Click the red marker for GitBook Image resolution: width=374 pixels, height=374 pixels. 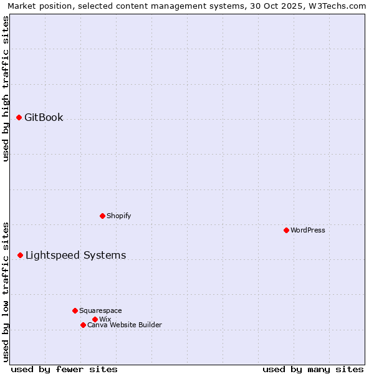click(x=19, y=117)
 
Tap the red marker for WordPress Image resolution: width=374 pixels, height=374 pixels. click(x=286, y=230)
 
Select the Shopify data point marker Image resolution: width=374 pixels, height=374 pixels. click(x=102, y=216)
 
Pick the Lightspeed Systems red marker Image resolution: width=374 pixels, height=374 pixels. click(x=20, y=255)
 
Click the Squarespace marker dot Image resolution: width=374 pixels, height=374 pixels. click(x=75, y=310)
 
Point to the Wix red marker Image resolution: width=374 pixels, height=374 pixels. click(x=95, y=319)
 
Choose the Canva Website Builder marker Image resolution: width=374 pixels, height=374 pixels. click(x=83, y=325)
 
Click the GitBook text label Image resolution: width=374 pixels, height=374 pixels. click(x=44, y=117)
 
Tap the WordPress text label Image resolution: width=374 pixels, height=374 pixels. click(x=308, y=230)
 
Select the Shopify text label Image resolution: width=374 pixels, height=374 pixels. click(x=118, y=216)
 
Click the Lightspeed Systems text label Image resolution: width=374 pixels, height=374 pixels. click(x=75, y=255)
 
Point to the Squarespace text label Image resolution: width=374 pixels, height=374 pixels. click(x=100, y=310)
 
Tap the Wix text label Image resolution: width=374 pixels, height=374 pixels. click(x=105, y=319)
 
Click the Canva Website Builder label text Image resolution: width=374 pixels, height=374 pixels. click(x=125, y=325)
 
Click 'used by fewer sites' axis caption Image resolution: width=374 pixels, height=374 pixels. click(x=64, y=369)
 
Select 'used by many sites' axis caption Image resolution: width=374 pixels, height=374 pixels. click(x=313, y=369)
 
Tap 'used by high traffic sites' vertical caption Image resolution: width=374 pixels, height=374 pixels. click(x=6, y=89)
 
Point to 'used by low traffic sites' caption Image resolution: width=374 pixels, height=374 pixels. click(x=6, y=292)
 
